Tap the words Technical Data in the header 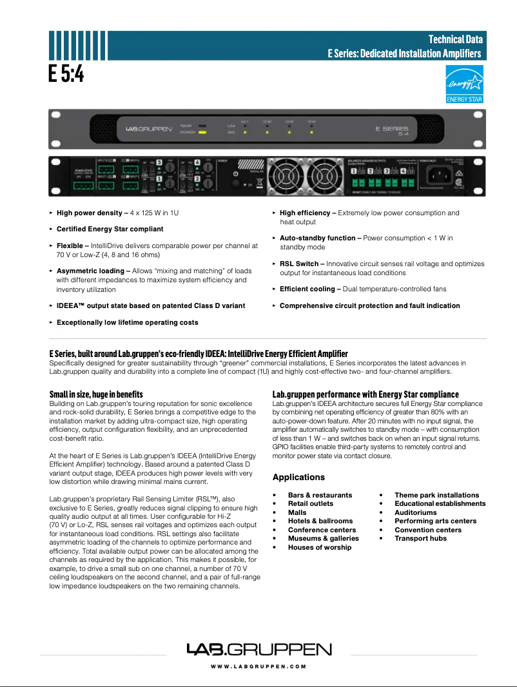coord(456,41)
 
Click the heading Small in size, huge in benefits coord(96,394)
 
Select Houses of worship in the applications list coord(320,547)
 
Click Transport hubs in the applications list coord(420,538)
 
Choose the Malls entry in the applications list coord(297,512)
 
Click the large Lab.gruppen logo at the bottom coord(258,649)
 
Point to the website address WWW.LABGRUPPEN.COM coord(258,666)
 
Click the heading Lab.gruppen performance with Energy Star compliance coord(366,394)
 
